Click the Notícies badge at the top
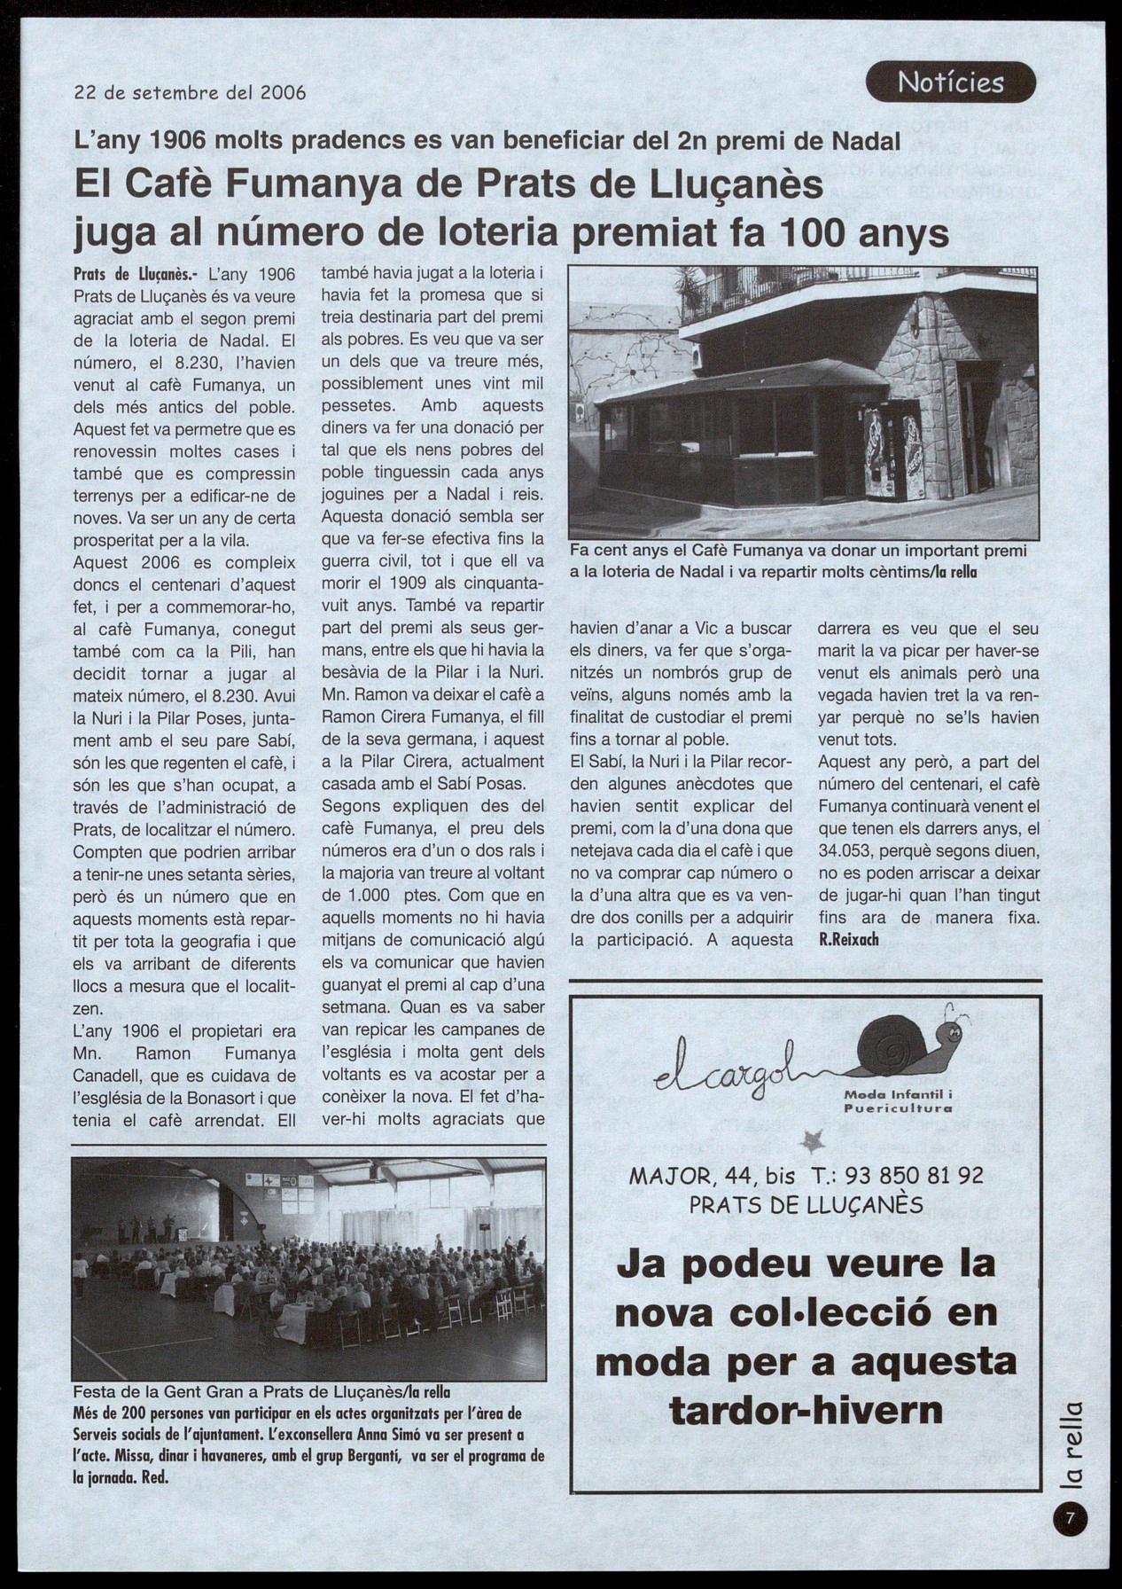pyautogui.click(x=950, y=82)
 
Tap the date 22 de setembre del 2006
pyautogui.click(x=190, y=92)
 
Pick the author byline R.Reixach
pyautogui.click(x=848, y=939)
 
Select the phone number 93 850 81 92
pyautogui.click(x=914, y=1175)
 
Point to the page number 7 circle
pyautogui.click(x=1070, y=1518)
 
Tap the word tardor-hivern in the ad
pyautogui.click(x=806, y=1411)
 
